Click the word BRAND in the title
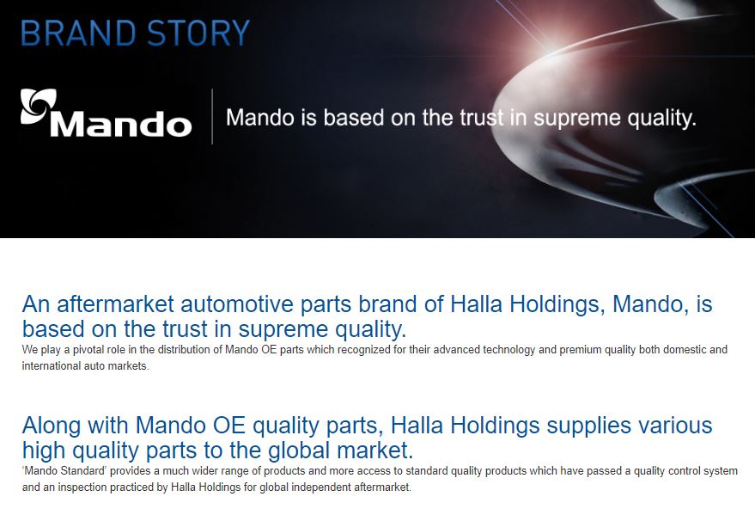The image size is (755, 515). (78, 34)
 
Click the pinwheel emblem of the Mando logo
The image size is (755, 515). (38, 107)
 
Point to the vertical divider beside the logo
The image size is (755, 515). (212, 116)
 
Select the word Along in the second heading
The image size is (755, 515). (52, 426)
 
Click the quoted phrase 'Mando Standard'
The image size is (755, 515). (64, 471)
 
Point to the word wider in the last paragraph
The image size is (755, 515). (204, 471)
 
